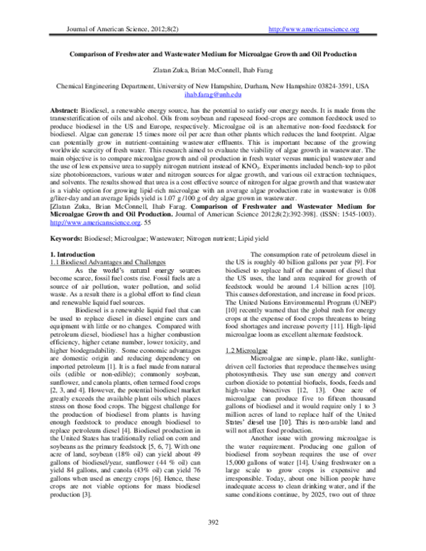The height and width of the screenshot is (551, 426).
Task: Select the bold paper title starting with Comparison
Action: (212, 53)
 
